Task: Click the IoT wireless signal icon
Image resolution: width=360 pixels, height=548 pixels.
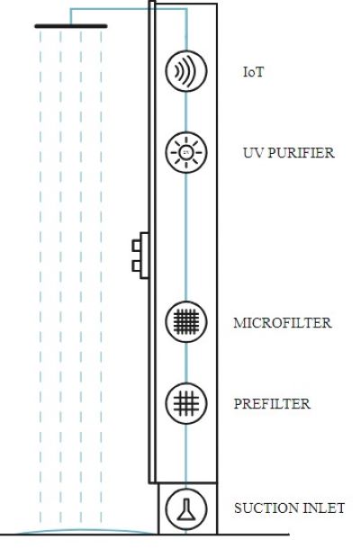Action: click(186, 71)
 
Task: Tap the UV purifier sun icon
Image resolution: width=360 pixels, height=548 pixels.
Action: click(186, 152)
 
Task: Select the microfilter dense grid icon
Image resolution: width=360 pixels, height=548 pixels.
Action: click(186, 322)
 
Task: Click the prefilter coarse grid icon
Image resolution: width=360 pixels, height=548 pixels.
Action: click(186, 403)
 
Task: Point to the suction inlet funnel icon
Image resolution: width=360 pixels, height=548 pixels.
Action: click(186, 509)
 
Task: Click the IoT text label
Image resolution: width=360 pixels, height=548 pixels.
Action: click(253, 72)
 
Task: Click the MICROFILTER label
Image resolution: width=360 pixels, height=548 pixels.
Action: click(283, 322)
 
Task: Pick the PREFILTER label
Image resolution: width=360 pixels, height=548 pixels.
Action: click(272, 404)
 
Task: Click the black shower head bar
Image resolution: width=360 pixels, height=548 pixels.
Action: click(71, 26)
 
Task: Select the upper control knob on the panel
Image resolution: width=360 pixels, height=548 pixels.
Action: click(136, 246)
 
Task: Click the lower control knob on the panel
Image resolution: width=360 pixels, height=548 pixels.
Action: click(136, 266)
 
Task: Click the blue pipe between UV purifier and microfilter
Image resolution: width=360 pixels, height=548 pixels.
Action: click(186, 237)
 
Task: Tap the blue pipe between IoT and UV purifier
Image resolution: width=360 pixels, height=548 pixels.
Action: click(186, 112)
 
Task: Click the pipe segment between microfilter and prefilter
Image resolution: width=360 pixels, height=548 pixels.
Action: click(186, 363)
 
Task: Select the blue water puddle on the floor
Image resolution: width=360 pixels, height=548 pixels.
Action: click(84, 531)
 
